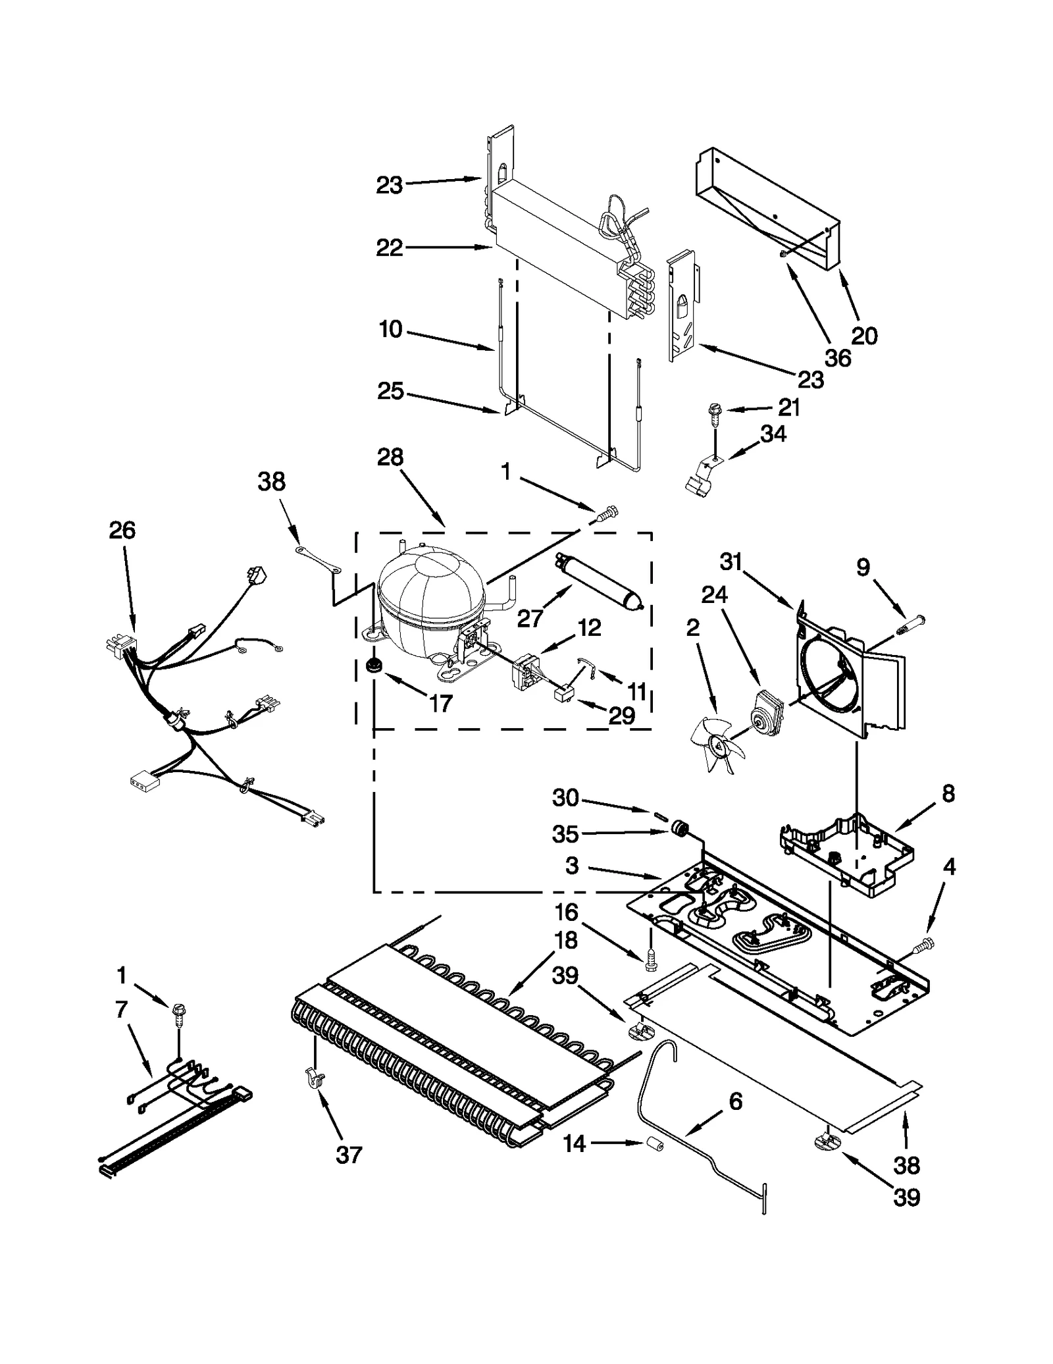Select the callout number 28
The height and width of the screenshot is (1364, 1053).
pos(390,457)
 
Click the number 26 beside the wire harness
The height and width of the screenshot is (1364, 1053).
pos(122,530)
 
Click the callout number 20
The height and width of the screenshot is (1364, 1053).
pos(864,336)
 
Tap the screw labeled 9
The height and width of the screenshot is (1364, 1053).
pos(911,621)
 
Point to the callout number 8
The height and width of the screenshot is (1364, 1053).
pos(948,793)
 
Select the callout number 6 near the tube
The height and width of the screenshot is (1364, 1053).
pos(736,1101)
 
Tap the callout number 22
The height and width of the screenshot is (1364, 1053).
pos(389,248)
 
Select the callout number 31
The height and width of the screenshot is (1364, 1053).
pos(731,562)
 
